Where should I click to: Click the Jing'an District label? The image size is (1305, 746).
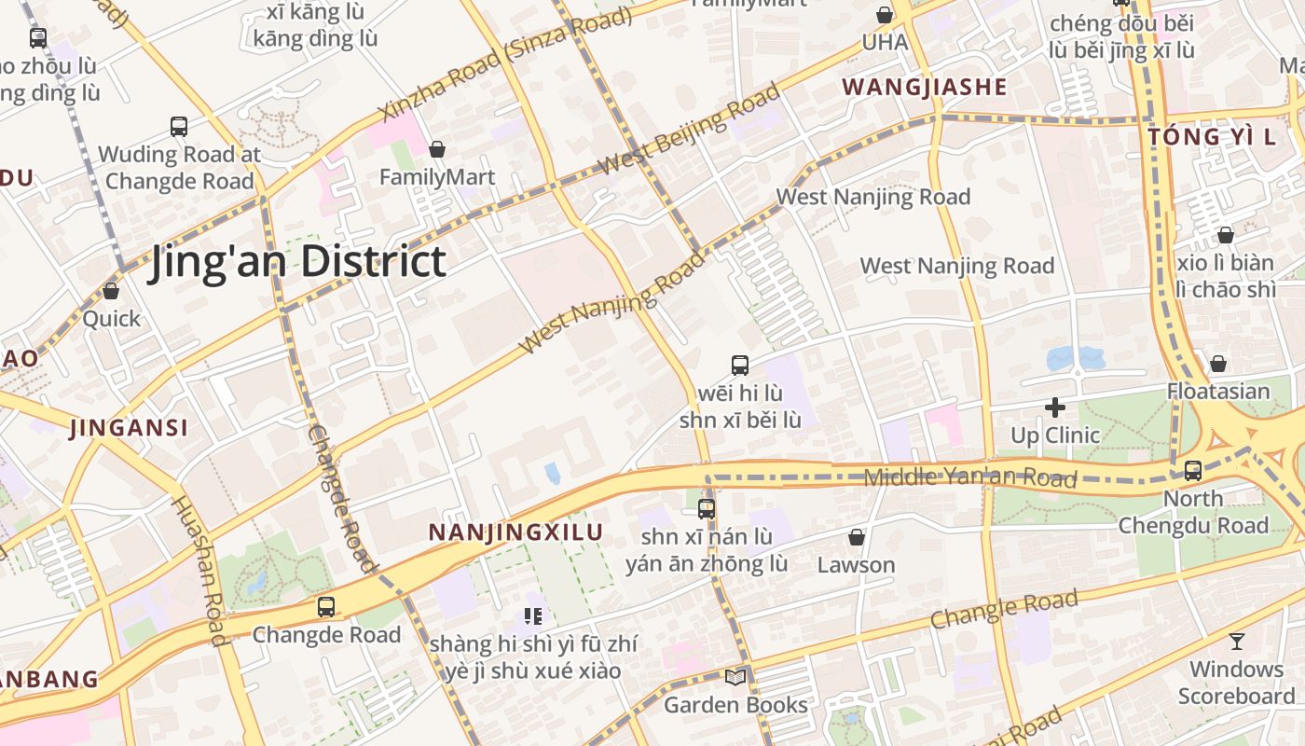click(x=298, y=261)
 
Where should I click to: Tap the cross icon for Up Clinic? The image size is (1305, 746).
click(x=1055, y=408)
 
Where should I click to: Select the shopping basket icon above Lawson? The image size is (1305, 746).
click(x=856, y=538)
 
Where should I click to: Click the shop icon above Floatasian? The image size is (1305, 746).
click(x=1217, y=364)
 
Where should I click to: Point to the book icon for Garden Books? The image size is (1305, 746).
click(x=735, y=677)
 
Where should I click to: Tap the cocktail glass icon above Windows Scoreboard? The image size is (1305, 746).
click(x=1236, y=642)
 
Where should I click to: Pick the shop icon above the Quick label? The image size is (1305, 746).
click(x=111, y=291)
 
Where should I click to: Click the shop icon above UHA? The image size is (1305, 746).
click(x=884, y=15)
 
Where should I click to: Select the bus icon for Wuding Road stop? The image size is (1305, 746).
click(x=178, y=126)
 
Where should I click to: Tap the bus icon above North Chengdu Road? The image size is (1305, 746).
click(x=1193, y=471)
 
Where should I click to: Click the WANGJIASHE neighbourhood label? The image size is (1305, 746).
click(x=925, y=88)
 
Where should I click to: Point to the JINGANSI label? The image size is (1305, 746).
click(x=129, y=428)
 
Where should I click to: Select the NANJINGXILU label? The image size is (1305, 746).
click(x=515, y=532)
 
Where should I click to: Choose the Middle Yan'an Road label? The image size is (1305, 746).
click(x=969, y=478)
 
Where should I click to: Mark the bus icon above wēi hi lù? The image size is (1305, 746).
click(x=740, y=366)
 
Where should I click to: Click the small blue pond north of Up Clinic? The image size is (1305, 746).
click(x=1075, y=358)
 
